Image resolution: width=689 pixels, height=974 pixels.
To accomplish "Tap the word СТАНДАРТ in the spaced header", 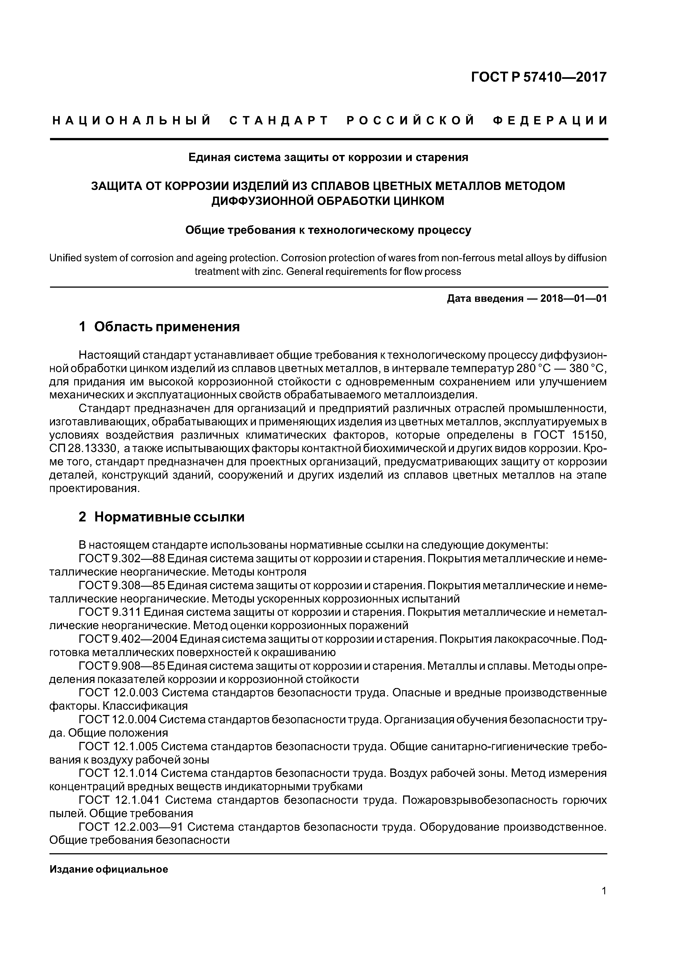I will (x=279, y=121).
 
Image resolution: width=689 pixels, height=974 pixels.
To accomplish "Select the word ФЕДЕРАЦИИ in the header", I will (x=551, y=121).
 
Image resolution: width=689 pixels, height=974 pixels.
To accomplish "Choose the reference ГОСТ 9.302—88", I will (x=122, y=558).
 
